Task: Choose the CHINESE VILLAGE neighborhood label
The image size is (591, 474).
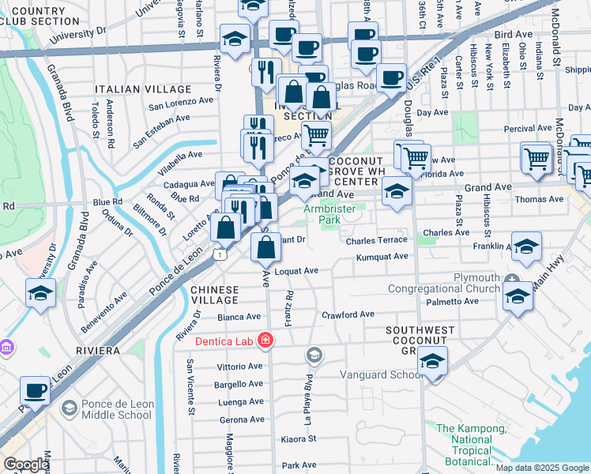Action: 214,295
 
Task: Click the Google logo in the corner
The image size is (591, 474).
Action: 25,465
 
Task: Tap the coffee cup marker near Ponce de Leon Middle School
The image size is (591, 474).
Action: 36,390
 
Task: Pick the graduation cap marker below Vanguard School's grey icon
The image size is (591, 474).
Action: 432,361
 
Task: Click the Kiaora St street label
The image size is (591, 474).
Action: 299,438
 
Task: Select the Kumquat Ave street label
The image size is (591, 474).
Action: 382,257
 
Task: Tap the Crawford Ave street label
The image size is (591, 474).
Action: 348,314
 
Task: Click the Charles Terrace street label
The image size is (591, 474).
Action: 375,239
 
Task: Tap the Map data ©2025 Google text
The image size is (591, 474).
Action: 542,468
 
